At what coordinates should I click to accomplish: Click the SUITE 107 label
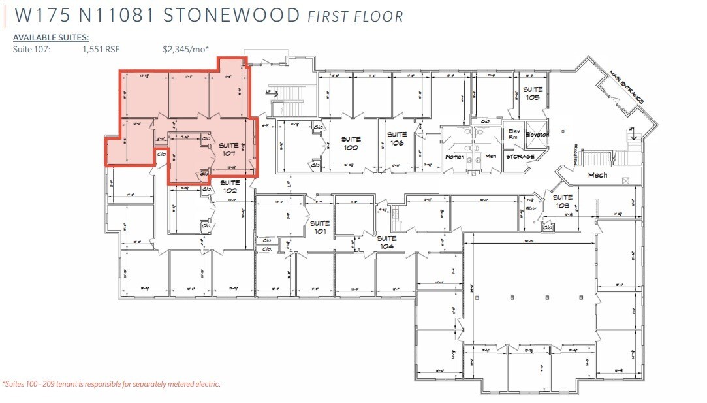pyautogui.click(x=228, y=149)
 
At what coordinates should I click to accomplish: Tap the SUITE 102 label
pyautogui.click(x=228, y=186)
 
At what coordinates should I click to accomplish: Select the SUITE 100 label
pyautogui.click(x=351, y=143)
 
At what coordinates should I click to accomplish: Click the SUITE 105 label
pyautogui.click(x=533, y=93)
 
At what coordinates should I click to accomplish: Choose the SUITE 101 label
pyautogui.click(x=320, y=227)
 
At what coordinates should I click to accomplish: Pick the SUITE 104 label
pyautogui.click(x=387, y=242)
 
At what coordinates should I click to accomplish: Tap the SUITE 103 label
pyautogui.click(x=562, y=201)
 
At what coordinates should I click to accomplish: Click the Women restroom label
pyautogui.click(x=454, y=157)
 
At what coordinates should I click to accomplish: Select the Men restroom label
pyautogui.click(x=490, y=157)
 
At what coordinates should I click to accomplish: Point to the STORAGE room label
pyautogui.click(x=520, y=157)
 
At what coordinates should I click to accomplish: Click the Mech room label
pyautogui.click(x=597, y=175)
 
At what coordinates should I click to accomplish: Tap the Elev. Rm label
pyautogui.click(x=514, y=135)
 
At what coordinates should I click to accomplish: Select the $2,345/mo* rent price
pyautogui.click(x=185, y=48)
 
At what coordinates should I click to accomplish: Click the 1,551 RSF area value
pyautogui.click(x=101, y=48)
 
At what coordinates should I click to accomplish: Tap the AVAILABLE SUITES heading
pyautogui.click(x=51, y=38)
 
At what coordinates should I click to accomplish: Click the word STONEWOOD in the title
pyautogui.click(x=232, y=16)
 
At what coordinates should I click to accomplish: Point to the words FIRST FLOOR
pyautogui.click(x=355, y=16)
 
